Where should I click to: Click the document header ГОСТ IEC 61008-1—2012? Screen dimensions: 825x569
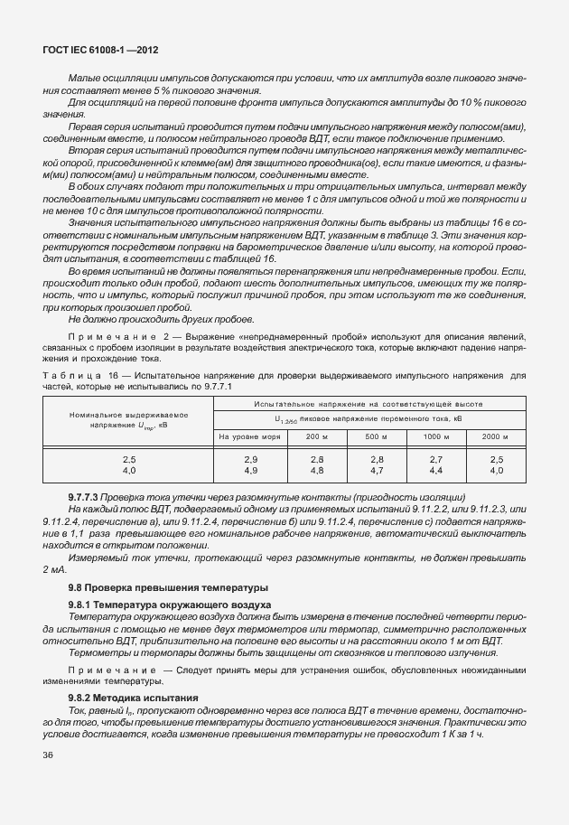tap(94, 52)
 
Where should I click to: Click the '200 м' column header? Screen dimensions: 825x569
tap(317, 436)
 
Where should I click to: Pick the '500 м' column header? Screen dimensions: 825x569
tap(376, 436)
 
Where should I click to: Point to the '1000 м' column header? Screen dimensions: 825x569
tap(435, 436)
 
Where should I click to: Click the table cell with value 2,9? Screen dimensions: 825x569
tap(251, 460)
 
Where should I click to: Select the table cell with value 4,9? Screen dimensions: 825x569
tap(251, 471)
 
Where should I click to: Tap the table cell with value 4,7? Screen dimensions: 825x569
tap(377, 471)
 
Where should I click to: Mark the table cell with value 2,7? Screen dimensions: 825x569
tap(435, 460)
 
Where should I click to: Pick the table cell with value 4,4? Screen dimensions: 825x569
tap(435, 471)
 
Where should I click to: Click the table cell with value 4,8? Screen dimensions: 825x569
tap(317, 471)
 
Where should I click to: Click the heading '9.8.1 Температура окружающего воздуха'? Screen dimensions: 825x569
tap(170, 604)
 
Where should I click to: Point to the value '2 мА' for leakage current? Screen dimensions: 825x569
tap(53, 570)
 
